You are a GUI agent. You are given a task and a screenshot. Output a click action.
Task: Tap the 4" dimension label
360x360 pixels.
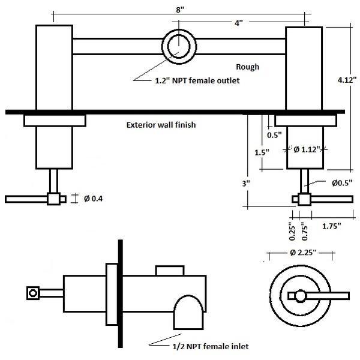(x=239, y=23)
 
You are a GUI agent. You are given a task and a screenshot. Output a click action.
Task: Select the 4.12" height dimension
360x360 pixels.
(x=344, y=78)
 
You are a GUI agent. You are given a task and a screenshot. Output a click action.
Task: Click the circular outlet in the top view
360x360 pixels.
(x=179, y=45)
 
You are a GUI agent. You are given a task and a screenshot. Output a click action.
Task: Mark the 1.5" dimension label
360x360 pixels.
(x=261, y=152)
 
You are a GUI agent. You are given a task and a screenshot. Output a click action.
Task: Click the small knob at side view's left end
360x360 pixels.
(x=33, y=293)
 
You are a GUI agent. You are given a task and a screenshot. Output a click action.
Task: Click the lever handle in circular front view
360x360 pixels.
(x=318, y=295)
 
